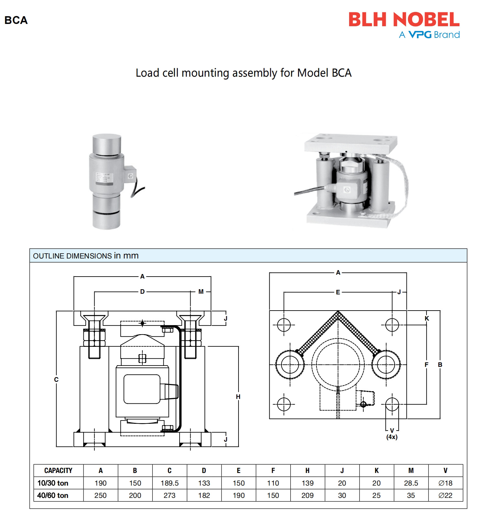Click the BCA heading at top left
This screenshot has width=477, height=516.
coord(16,20)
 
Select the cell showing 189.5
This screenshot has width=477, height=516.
coord(170,483)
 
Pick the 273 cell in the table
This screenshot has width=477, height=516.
coord(170,495)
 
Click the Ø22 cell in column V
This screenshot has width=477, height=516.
coord(445,495)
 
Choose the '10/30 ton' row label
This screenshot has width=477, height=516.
coord(53,483)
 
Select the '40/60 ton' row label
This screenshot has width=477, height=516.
coord(53,495)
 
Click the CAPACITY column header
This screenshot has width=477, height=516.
coord(58,470)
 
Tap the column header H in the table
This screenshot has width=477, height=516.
coord(307,470)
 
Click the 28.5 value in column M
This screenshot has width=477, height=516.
coord(411,483)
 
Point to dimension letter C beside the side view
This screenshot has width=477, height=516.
coord(56,379)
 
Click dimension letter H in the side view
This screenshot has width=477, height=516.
coord(238,397)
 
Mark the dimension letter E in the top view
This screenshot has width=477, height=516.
coord(338,292)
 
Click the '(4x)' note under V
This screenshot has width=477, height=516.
coord(392,437)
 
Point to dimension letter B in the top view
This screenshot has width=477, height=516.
coord(440,365)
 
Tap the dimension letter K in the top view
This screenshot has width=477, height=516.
coord(427,319)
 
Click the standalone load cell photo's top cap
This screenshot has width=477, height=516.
coord(107,142)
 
